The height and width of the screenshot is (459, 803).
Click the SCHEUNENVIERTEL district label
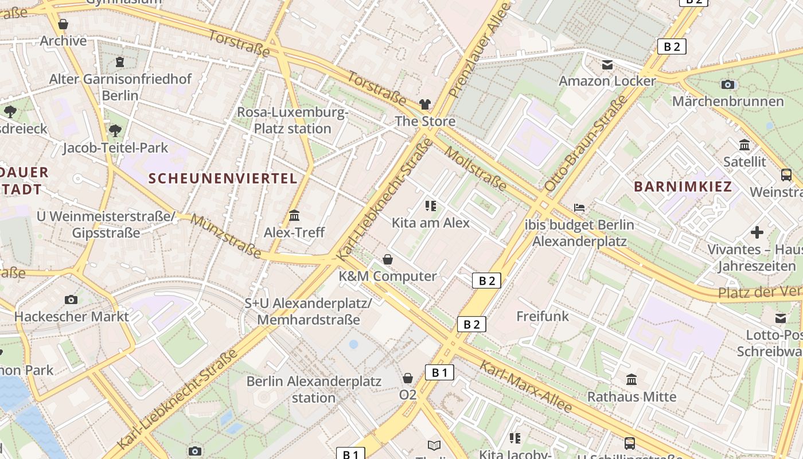223,178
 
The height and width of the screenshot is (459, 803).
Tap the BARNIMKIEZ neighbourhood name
683,186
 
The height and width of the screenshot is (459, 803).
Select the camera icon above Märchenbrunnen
727,84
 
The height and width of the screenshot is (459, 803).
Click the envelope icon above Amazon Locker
607,65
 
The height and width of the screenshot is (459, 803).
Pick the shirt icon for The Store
424,104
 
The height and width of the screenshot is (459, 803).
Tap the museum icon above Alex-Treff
294,216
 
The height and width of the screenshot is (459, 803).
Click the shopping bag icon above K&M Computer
388,259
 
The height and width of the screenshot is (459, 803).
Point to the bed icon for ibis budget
579,207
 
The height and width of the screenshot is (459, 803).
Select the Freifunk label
542,316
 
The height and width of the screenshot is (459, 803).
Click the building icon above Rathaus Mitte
632,379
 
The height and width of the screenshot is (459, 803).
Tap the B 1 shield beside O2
439,372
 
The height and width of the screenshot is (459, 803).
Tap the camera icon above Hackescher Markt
71,299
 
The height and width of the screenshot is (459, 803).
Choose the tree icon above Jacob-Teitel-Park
115,131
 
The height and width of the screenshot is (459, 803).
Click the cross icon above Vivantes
757,232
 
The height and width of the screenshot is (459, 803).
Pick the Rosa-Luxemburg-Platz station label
293,120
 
